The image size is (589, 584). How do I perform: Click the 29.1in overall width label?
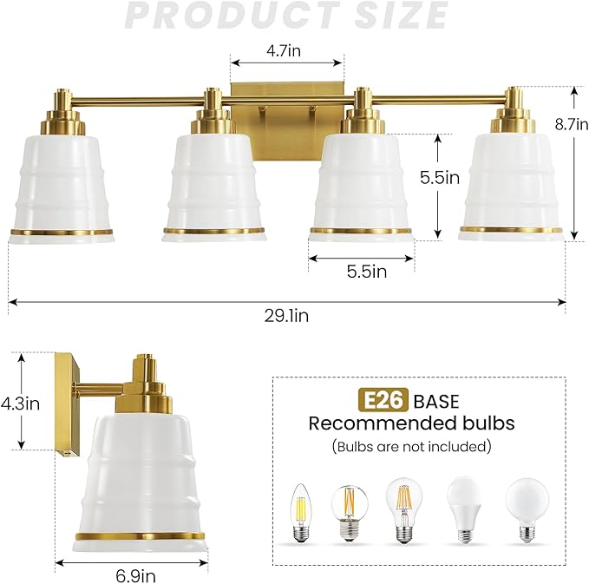[286, 316]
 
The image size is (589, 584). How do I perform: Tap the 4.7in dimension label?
[284, 50]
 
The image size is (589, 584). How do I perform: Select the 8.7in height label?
[572, 123]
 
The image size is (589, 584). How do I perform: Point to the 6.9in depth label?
[135, 575]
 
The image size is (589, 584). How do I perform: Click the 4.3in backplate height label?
[20, 404]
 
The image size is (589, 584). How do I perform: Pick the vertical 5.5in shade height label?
[440, 177]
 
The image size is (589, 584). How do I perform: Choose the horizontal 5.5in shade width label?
[367, 271]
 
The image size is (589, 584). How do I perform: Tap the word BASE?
[436, 402]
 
